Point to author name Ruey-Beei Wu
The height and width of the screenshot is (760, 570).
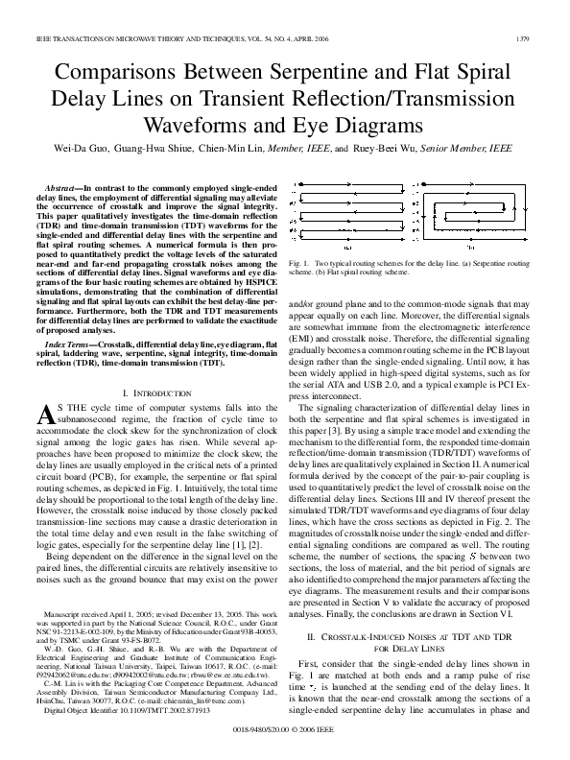click(x=412, y=151)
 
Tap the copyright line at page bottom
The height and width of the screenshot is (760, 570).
click(x=284, y=748)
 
